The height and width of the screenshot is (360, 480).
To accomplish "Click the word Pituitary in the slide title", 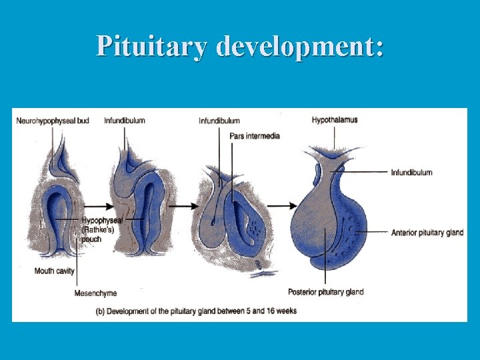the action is click(x=153, y=45).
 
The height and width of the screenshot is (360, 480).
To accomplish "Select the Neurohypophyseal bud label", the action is click(x=53, y=121).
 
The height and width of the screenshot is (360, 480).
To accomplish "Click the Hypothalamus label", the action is click(x=335, y=120).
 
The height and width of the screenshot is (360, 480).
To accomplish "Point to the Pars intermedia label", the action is click(x=255, y=136).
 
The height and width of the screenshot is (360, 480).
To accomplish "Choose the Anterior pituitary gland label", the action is click(x=427, y=233).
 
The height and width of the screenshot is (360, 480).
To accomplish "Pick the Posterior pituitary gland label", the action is click(x=325, y=292).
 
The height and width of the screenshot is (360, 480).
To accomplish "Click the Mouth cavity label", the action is click(x=55, y=271).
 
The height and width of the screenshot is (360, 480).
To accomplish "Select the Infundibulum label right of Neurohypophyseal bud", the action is click(x=125, y=121).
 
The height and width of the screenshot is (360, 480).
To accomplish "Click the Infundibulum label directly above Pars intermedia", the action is click(x=219, y=121).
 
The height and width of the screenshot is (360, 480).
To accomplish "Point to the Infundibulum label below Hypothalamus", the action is click(x=411, y=172).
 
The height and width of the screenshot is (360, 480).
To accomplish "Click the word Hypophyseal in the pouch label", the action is click(x=102, y=220).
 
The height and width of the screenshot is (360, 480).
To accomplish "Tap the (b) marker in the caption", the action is click(x=100, y=311).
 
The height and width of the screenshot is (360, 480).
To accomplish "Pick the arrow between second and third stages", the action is click(x=181, y=206).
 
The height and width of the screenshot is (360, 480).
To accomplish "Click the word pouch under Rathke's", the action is click(x=91, y=239).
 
